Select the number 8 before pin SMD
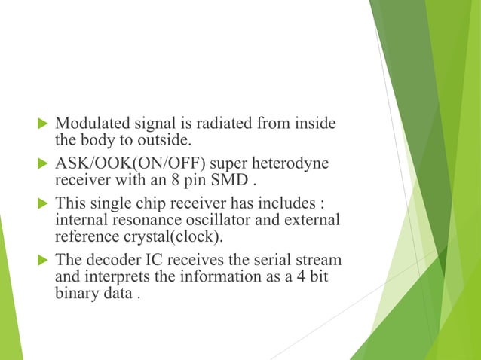coord(173,181)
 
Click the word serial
coord(270,260)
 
